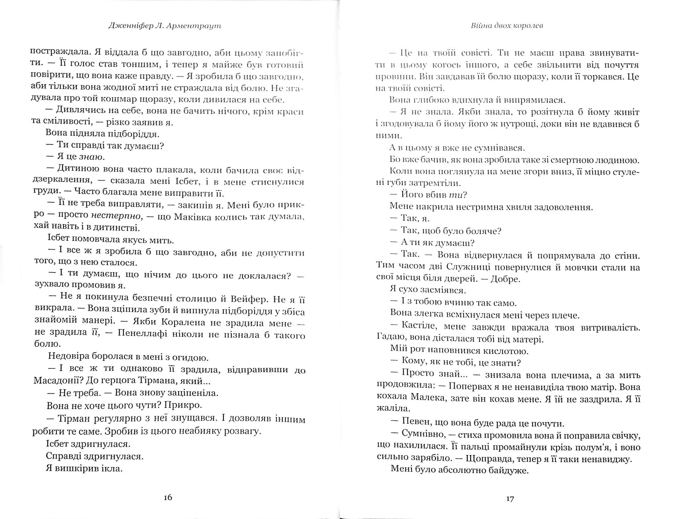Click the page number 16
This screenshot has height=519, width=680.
click(168, 497)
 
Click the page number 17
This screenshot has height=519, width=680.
click(510, 498)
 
